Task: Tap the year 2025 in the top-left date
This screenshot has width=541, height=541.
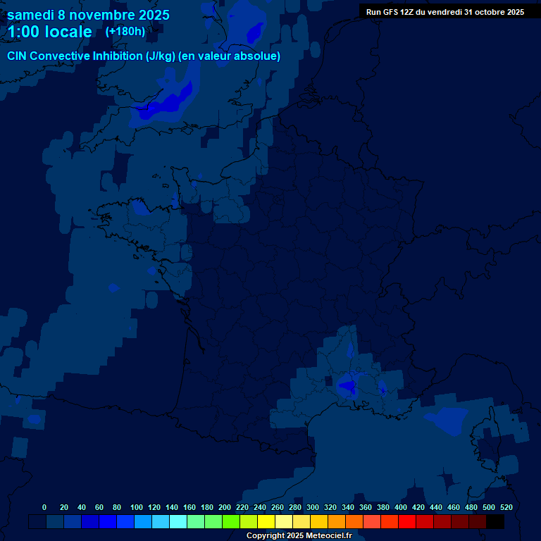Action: [x=150, y=15]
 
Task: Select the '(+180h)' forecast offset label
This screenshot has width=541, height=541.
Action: [x=125, y=32]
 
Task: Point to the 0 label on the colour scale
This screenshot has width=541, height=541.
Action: [x=44, y=507]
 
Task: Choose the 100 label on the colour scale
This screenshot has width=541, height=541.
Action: [x=137, y=507]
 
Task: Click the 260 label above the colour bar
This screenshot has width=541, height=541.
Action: [x=278, y=507]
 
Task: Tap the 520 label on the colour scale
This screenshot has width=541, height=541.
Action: [x=506, y=507]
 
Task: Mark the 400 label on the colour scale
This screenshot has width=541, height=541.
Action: [x=401, y=507]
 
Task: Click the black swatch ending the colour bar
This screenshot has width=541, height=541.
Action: [x=495, y=521]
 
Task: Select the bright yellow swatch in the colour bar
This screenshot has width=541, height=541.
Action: [x=266, y=521]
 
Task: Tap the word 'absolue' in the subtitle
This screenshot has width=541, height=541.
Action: [x=260, y=56]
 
